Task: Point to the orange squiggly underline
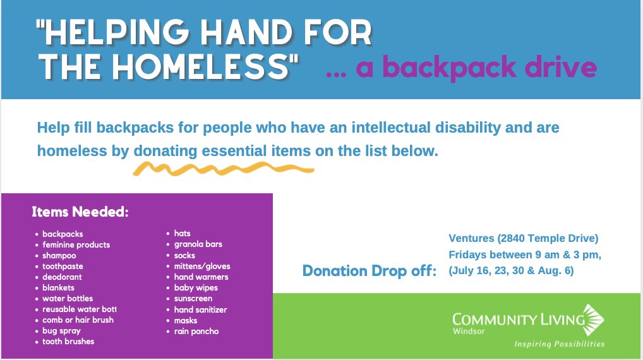click(224, 169)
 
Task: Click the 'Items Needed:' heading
click(80, 212)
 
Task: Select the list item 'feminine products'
click(76, 245)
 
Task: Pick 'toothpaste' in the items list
click(63, 267)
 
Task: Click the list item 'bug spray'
click(61, 331)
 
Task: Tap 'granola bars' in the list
click(198, 244)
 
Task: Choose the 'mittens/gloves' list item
click(202, 267)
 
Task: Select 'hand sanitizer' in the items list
click(200, 309)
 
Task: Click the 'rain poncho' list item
click(196, 332)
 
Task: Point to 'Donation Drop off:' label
click(370, 270)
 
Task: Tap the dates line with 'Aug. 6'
click(511, 270)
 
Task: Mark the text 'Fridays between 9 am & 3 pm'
click(524, 255)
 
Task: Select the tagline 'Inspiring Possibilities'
click(560, 344)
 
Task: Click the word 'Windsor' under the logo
click(469, 331)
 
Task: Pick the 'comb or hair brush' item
click(78, 320)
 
